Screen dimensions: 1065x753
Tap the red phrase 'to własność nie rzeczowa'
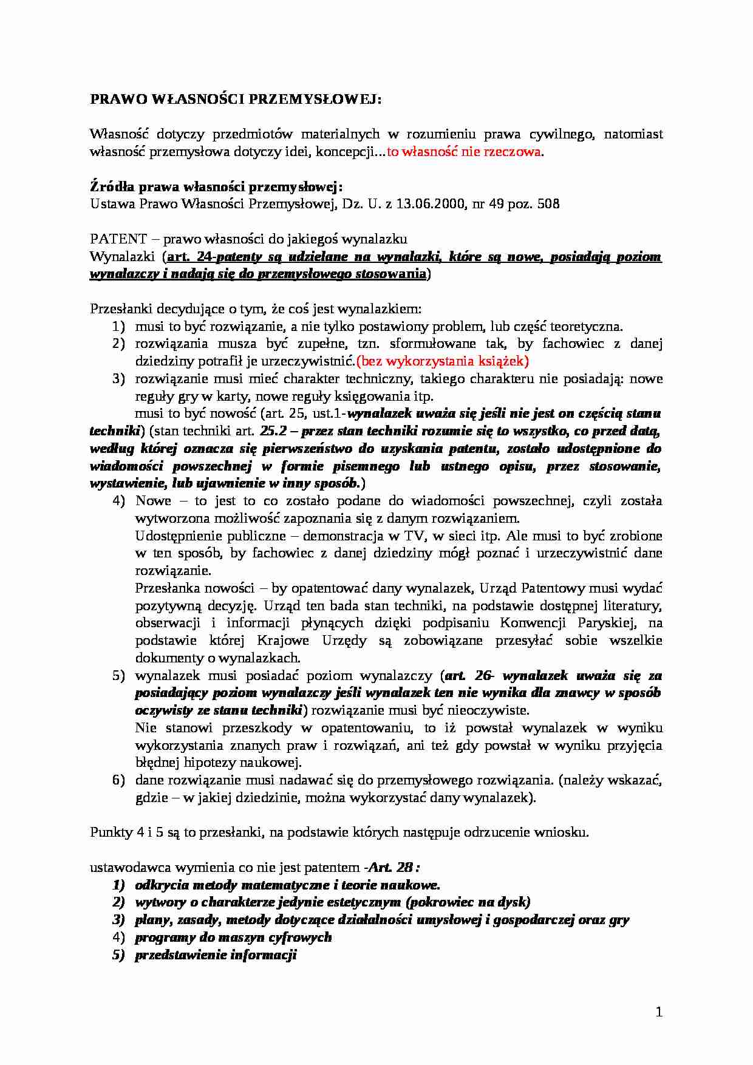[463, 152]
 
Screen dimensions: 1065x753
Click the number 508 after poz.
[549, 204]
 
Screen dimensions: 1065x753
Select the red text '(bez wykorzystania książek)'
[443, 361]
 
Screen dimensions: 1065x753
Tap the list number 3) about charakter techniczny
[118, 379]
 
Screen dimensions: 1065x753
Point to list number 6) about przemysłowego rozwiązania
[118, 780]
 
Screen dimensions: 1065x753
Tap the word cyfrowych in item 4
[301, 937]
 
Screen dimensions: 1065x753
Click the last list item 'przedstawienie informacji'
[216, 954]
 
